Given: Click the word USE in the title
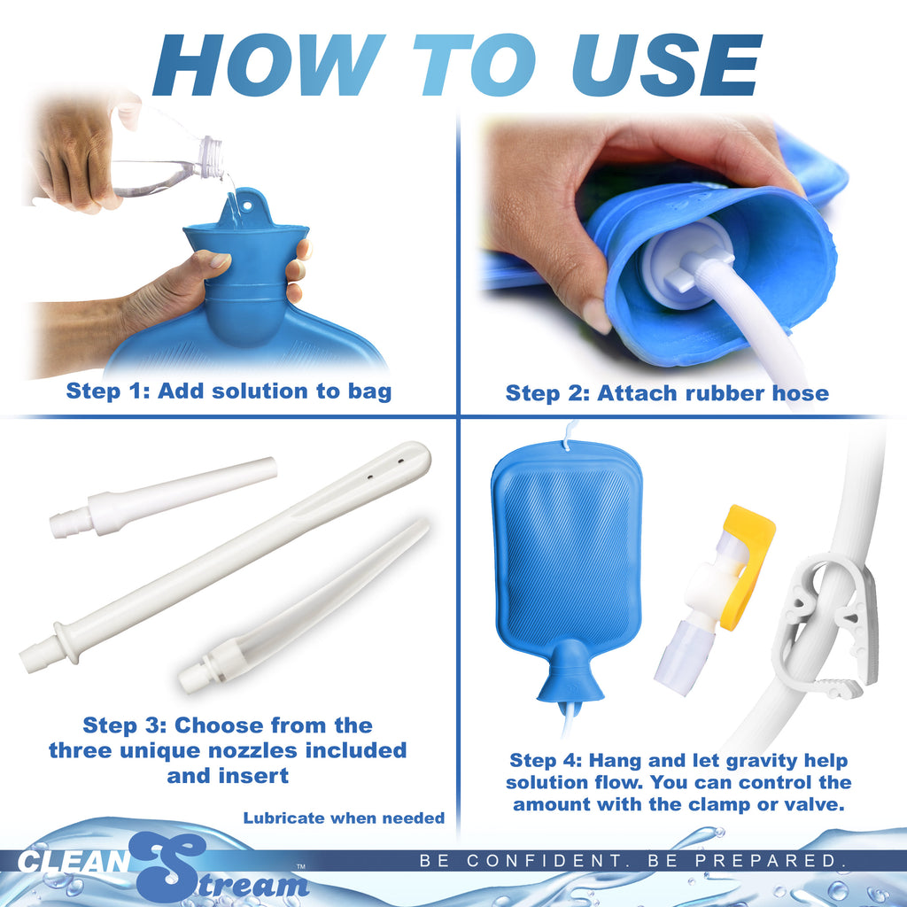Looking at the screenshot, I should point(664,66).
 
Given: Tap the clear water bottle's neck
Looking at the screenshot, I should point(210,157).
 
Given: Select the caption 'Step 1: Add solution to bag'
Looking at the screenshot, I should point(229,391).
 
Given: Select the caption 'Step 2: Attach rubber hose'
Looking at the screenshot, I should point(667,392).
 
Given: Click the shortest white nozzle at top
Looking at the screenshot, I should point(164,498).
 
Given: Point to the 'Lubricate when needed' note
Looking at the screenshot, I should point(344,818).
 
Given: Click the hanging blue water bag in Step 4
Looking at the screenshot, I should point(567,549).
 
